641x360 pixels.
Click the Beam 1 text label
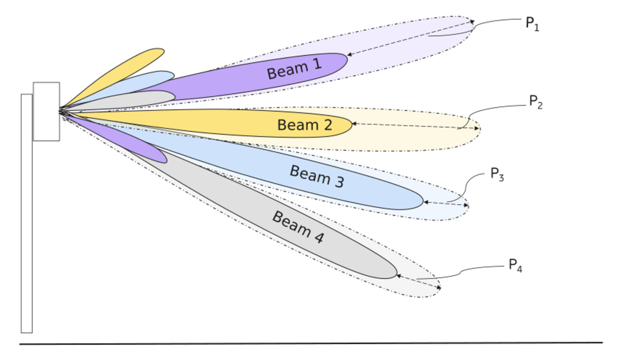click(294, 68)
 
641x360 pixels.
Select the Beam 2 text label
click(304, 125)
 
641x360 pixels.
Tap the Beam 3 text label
click(317, 176)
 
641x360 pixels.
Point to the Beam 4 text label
click(298, 227)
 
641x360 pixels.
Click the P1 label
click(532, 24)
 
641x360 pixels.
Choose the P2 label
click(536, 102)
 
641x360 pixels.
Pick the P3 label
click(497, 174)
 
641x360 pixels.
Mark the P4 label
click(515, 265)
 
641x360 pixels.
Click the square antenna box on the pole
click(46, 111)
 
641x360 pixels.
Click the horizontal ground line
click(311, 343)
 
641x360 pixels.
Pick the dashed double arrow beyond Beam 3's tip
click(446, 204)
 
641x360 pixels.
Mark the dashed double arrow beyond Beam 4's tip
click(419, 282)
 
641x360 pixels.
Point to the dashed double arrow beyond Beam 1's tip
click(411, 38)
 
